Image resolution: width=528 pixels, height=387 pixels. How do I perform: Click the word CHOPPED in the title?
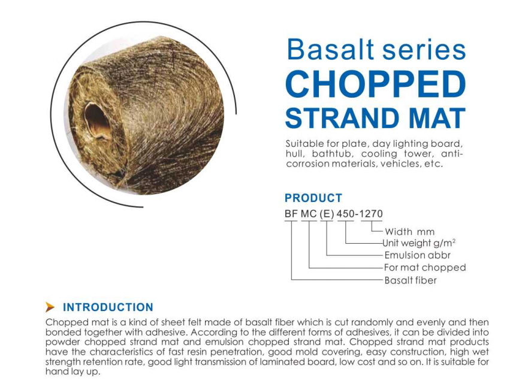375,85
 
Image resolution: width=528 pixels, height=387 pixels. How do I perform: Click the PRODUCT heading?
313,198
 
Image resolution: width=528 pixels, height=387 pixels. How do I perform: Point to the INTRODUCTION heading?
108,307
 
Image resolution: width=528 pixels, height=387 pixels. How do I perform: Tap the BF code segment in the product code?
291,214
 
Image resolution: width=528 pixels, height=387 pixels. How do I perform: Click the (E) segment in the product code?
327,214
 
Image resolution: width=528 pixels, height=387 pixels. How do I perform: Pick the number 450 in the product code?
346,214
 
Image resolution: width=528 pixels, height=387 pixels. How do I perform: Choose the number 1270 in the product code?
371,214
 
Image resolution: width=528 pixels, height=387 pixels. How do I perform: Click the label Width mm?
409,232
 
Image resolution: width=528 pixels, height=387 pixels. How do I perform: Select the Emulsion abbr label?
417,256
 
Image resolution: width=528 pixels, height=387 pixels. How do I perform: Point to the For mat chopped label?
424,268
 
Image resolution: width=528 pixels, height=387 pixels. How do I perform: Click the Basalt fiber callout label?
411,280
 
